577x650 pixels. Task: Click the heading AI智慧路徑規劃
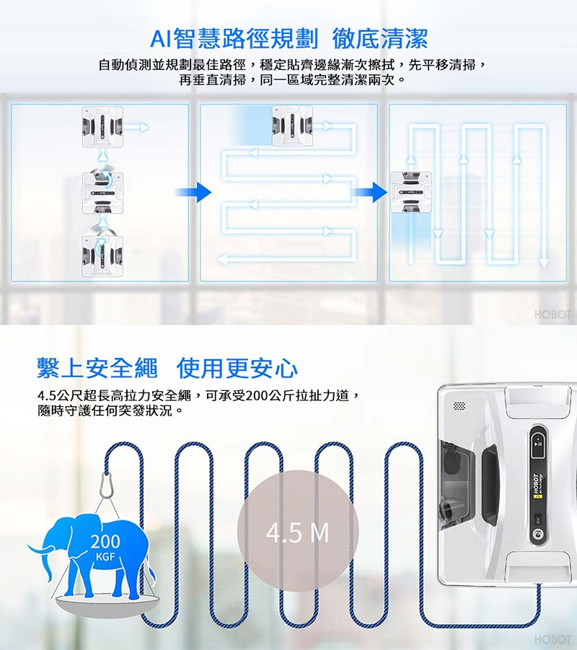point(234,38)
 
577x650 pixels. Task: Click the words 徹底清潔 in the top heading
point(379,38)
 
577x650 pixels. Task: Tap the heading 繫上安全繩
point(97,368)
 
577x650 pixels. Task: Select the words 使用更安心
point(237,368)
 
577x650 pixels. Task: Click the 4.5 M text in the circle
point(298,533)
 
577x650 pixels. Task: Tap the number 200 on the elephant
point(105,541)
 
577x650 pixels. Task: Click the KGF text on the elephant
point(105,557)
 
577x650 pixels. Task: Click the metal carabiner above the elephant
point(107,486)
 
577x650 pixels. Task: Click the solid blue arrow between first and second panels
point(193,192)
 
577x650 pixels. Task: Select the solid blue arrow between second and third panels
point(369,192)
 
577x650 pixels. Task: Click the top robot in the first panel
point(102,127)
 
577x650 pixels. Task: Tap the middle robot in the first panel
point(102,193)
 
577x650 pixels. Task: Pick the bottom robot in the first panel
point(102,256)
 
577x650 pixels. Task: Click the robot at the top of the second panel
point(292,126)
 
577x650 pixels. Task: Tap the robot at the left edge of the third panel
point(411,192)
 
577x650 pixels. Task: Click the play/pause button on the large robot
point(538,444)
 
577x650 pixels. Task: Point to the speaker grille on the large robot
point(459,405)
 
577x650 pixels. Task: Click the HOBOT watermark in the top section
point(552,315)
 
